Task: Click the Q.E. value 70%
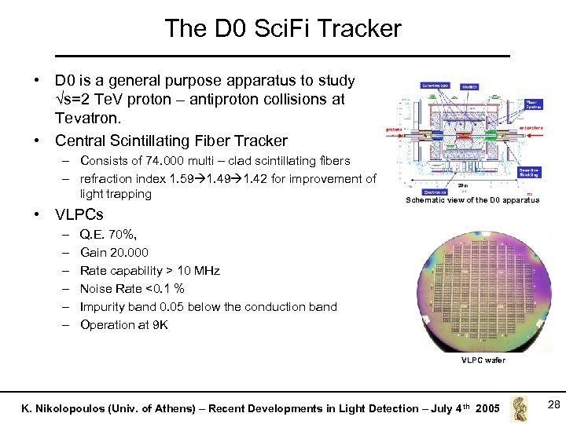coord(127,233)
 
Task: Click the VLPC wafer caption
coord(483,360)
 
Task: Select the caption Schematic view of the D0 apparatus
coord(472,200)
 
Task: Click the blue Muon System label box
coord(531,103)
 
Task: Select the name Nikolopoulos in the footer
coord(95,408)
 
